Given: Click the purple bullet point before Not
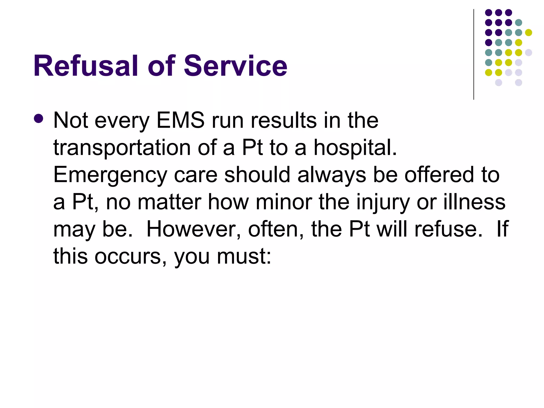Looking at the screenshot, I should click(x=39, y=119).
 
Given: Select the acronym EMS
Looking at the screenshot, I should click(x=181, y=120).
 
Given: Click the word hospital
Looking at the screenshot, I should click(x=355, y=148).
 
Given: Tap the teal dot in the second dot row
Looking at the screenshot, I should click(x=518, y=23).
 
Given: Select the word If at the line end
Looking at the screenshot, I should click(x=503, y=229).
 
